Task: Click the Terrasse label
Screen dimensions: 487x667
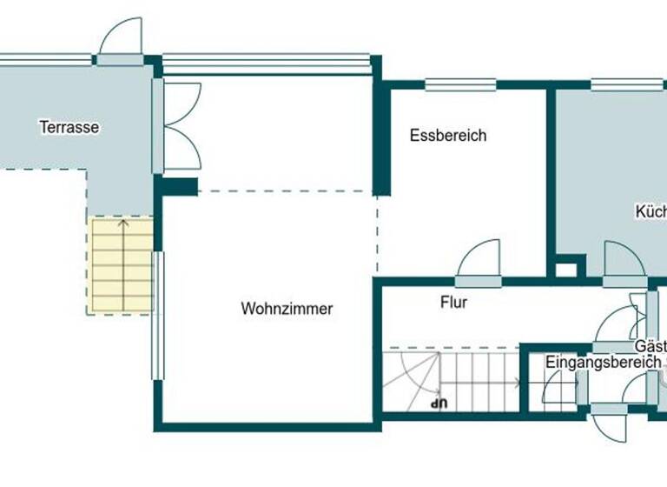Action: [69, 127]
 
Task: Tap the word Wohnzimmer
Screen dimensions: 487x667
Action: [287, 309]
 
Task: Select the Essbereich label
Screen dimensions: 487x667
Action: [448, 136]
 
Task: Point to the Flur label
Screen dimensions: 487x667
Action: [453, 303]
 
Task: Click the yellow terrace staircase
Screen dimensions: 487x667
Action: [122, 264]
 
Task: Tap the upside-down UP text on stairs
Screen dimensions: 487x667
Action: [439, 403]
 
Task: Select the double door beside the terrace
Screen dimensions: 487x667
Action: [181, 126]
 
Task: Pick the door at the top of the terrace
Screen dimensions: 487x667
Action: [121, 42]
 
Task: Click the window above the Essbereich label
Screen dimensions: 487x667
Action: [460, 85]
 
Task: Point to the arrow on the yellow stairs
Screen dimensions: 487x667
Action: [122, 261]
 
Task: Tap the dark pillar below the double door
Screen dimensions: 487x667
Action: [177, 186]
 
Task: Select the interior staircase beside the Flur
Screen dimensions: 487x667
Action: [452, 380]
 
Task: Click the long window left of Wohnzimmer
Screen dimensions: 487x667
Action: [157, 315]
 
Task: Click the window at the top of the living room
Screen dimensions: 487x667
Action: [267, 63]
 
